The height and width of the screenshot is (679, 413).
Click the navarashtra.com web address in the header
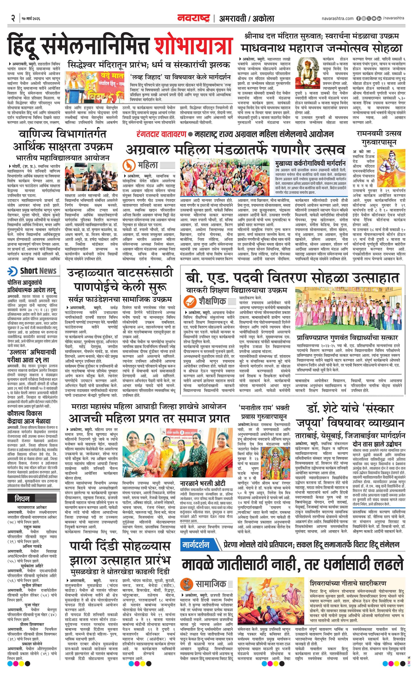[x=337, y=18]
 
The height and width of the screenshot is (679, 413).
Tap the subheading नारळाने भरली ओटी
[x=203, y=484]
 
